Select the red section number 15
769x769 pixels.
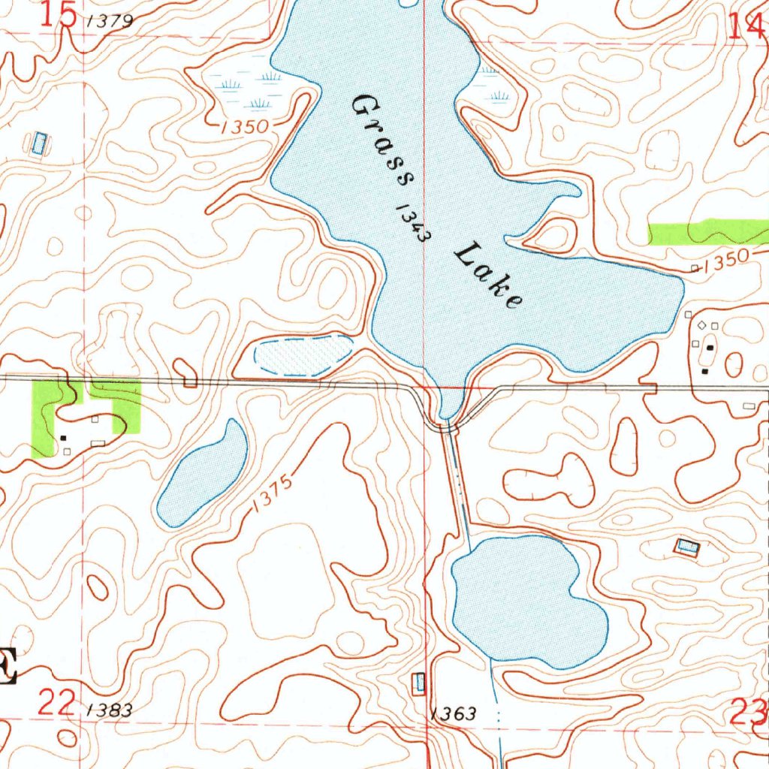tap(59, 15)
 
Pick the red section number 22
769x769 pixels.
tap(57, 704)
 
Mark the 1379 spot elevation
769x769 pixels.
tap(110, 22)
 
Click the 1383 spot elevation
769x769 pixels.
tap(110, 710)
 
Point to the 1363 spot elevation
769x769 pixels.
tap(454, 713)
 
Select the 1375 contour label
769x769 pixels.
tap(271, 496)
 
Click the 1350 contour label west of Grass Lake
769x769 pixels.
tap(245, 127)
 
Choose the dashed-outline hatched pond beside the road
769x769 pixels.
tap(303, 355)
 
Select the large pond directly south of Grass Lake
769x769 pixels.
tap(526, 601)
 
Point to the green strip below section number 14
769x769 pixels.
tap(706, 232)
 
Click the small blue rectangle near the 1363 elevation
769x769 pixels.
tap(419, 683)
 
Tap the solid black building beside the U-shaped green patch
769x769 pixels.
tap(63, 437)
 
